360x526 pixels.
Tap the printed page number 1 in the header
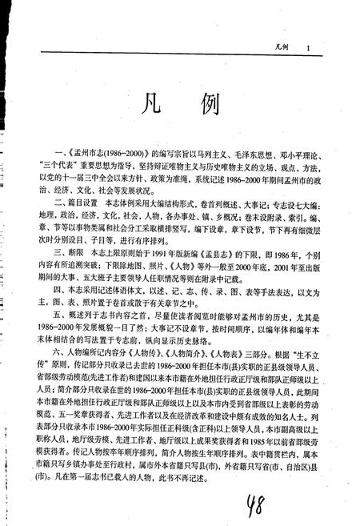pyautogui.click(x=307, y=49)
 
